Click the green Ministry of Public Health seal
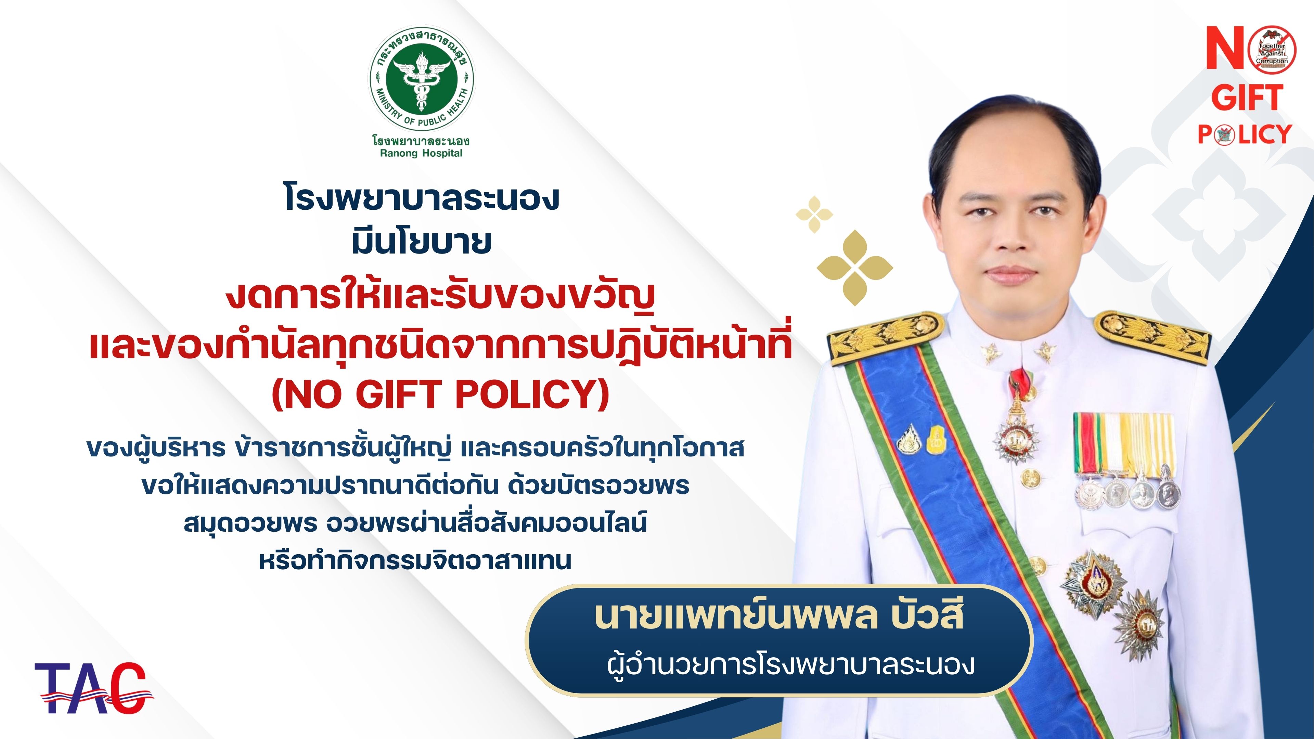[421, 80]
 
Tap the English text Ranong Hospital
[421, 154]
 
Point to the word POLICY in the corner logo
[1245, 135]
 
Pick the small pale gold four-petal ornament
[815, 214]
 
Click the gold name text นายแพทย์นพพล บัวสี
[779, 616]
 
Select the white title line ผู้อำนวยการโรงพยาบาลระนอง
[791, 664]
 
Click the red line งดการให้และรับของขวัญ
[441, 297]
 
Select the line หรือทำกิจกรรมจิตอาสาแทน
[415, 560]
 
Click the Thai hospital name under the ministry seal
[421, 140]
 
